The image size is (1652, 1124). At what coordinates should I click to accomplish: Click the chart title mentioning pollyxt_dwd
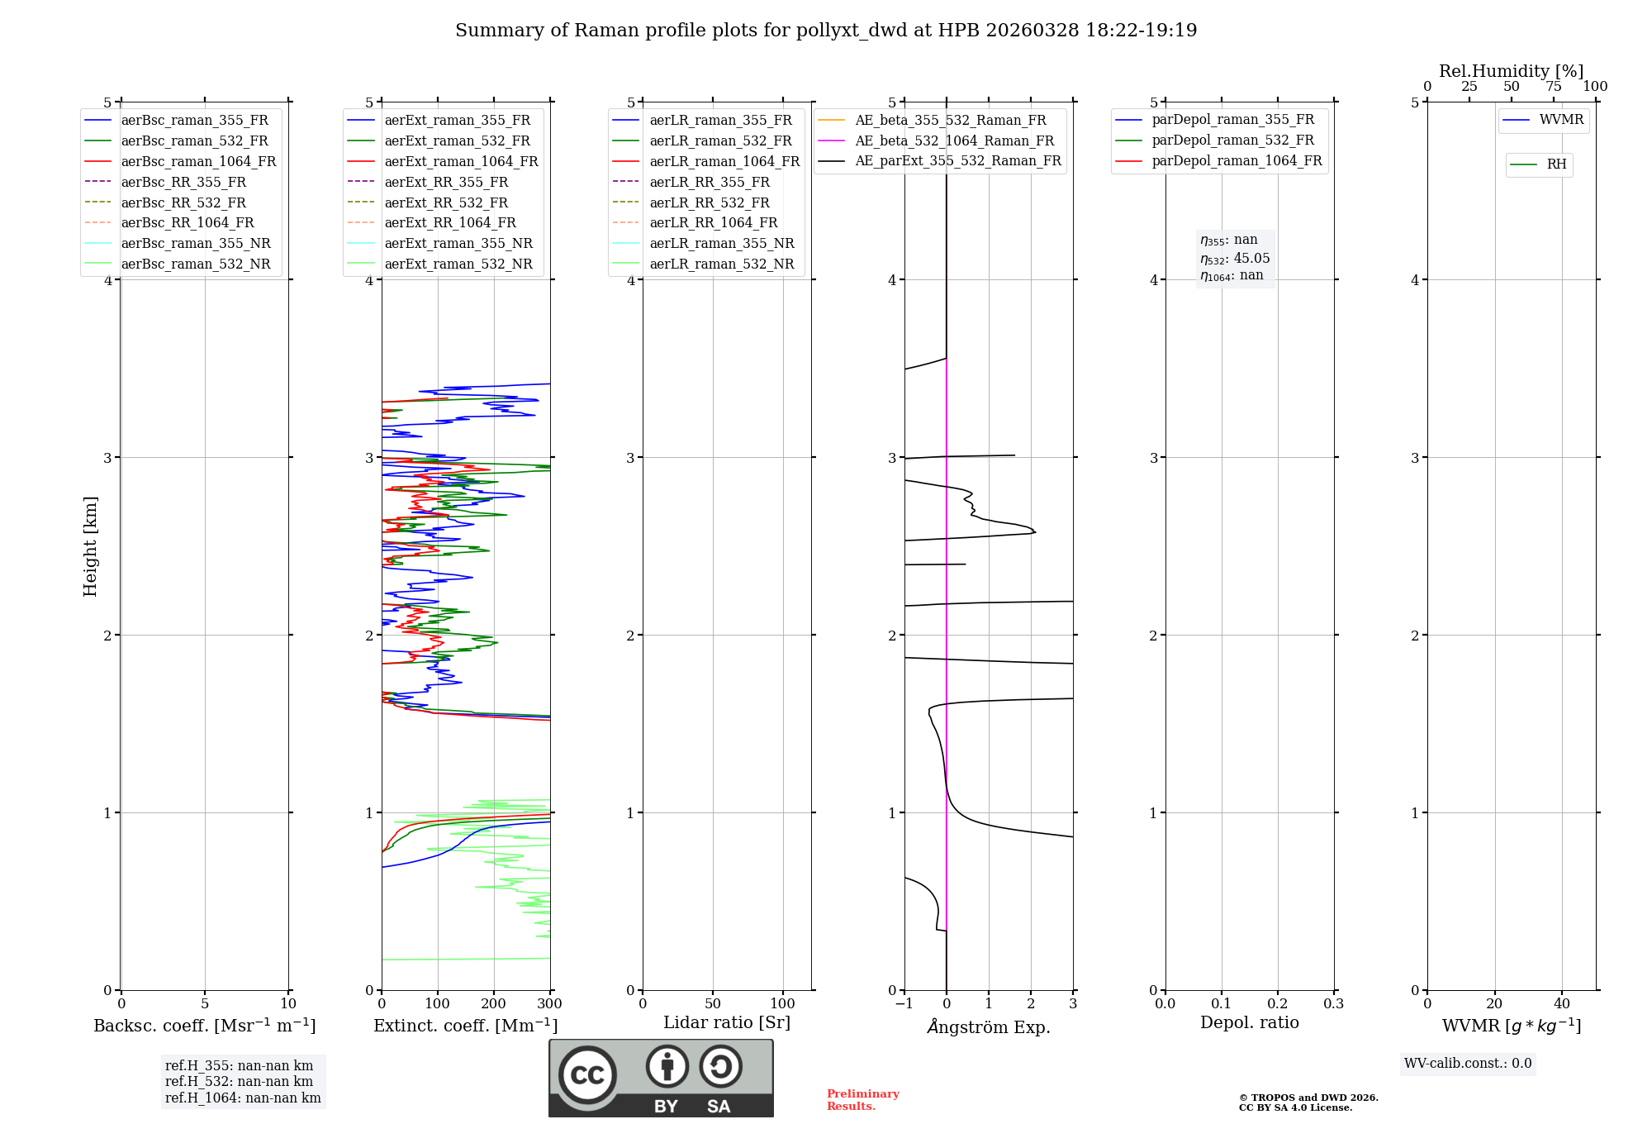[x=826, y=31]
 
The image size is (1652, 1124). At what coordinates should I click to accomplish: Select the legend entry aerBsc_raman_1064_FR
[x=198, y=161]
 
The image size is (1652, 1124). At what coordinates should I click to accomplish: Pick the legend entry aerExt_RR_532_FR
[x=446, y=202]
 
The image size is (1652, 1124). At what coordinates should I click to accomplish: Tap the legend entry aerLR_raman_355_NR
[x=721, y=243]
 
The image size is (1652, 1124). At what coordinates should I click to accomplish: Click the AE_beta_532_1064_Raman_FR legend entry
[x=954, y=140]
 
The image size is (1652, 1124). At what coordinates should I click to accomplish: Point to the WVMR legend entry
[x=1561, y=120]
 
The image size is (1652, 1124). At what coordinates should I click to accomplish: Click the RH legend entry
[x=1556, y=164]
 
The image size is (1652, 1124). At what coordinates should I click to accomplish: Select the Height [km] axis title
[x=90, y=546]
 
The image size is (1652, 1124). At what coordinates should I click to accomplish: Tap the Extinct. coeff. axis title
[x=466, y=1026]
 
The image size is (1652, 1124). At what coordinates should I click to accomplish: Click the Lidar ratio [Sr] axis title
[x=727, y=1022]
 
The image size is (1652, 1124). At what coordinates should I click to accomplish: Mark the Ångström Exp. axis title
[x=989, y=1027]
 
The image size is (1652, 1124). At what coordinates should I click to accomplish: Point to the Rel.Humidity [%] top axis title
[x=1511, y=71]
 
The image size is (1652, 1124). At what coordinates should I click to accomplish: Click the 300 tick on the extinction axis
[x=550, y=1004]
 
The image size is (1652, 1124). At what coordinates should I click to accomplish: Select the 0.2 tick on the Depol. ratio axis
[x=1278, y=1004]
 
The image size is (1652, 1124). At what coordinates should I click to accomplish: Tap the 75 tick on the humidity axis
[x=1554, y=87]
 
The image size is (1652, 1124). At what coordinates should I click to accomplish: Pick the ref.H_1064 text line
[x=243, y=1098]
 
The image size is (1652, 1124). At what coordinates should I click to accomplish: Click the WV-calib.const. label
[x=1468, y=1064]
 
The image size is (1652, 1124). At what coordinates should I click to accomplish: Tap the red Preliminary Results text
[x=862, y=1100]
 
